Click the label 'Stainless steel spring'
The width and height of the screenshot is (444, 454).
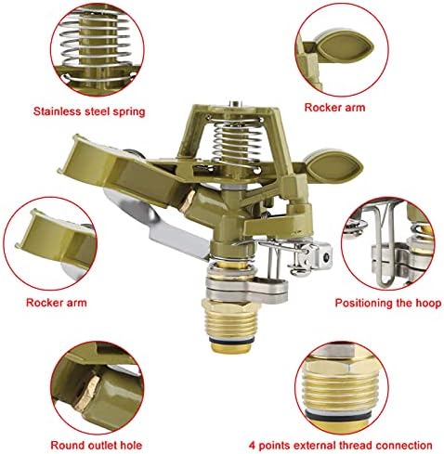89,111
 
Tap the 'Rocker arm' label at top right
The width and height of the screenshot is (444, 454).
334,108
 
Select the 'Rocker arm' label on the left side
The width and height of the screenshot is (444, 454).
57,303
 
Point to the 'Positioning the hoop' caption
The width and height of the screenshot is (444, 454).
388,303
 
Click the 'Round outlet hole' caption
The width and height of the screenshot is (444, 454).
97,446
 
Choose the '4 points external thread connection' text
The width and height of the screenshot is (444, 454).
341,446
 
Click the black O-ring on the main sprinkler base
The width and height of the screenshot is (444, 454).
232,340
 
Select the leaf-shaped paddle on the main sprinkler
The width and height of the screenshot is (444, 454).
333,166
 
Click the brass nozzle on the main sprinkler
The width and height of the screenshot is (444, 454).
188,201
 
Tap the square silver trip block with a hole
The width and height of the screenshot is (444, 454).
322,256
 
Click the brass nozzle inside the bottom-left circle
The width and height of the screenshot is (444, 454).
89,393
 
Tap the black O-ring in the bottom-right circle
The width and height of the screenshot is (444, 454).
342,415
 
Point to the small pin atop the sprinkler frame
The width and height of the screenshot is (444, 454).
235,104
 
